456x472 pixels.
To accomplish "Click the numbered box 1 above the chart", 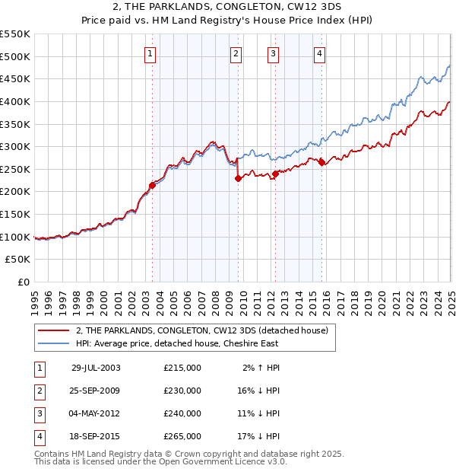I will coord(150,53).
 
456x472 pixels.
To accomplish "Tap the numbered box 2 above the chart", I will coord(236,53).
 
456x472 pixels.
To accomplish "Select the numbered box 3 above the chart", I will coord(273,53).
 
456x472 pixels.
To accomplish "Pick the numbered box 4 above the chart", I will coord(320,53).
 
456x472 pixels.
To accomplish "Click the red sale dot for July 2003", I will coord(152,185).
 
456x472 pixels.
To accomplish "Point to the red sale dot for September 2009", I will coord(238,178).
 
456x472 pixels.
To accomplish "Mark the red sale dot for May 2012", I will coord(274,174).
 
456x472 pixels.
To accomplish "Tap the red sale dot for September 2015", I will coord(321,162).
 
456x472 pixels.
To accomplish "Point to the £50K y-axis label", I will coord(18,260).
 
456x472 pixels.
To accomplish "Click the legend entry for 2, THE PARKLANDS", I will coord(201,331).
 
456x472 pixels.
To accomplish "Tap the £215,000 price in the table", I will coord(182,368).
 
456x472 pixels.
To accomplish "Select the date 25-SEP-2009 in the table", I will coord(96,391).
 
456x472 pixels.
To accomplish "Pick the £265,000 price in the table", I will coord(182,436).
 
